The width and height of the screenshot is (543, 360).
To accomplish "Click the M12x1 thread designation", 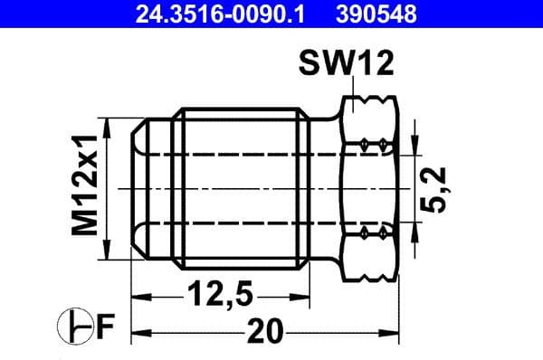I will tap(86, 187).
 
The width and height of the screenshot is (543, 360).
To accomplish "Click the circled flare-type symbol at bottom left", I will tap(75, 326).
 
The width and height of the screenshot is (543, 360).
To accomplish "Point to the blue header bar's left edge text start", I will tap(137, 14).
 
